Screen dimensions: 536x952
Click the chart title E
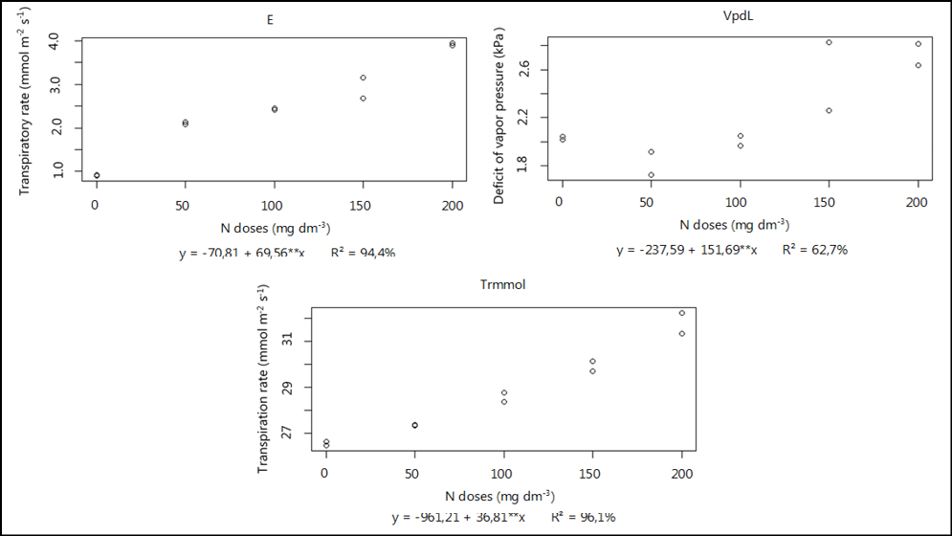click(x=271, y=20)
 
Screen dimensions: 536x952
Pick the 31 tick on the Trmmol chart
click(x=296, y=342)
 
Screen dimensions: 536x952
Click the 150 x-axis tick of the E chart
click(x=364, y=205)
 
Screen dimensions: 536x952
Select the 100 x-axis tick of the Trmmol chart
click(x=503, y=473)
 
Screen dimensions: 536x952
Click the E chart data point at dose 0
click(x=97, y=175)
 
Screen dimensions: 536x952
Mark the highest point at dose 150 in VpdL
click(x=829, y=42)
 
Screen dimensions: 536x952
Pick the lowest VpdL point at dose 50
click(x=651, y=175)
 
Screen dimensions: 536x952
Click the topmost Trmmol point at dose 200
click(x=682, y=313)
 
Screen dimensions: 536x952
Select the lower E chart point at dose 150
click(x=364, y=99)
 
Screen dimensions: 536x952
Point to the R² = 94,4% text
click(x=363, y=253)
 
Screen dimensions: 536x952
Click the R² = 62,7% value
click(x=814, y=250)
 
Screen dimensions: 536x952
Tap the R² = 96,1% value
click(x=583, y=518)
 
